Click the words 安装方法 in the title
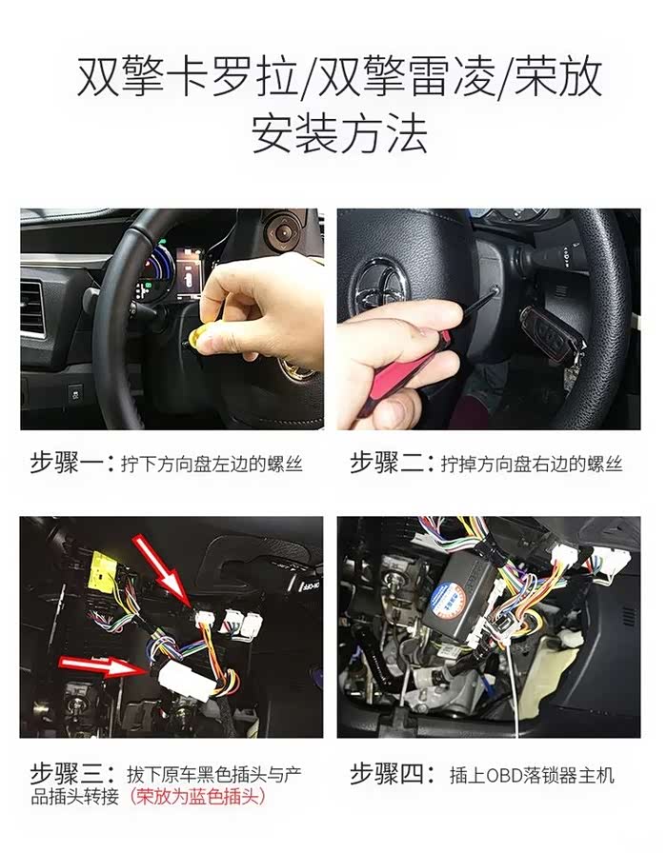tap(338, 133)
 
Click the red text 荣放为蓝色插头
tap(196, 797)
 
